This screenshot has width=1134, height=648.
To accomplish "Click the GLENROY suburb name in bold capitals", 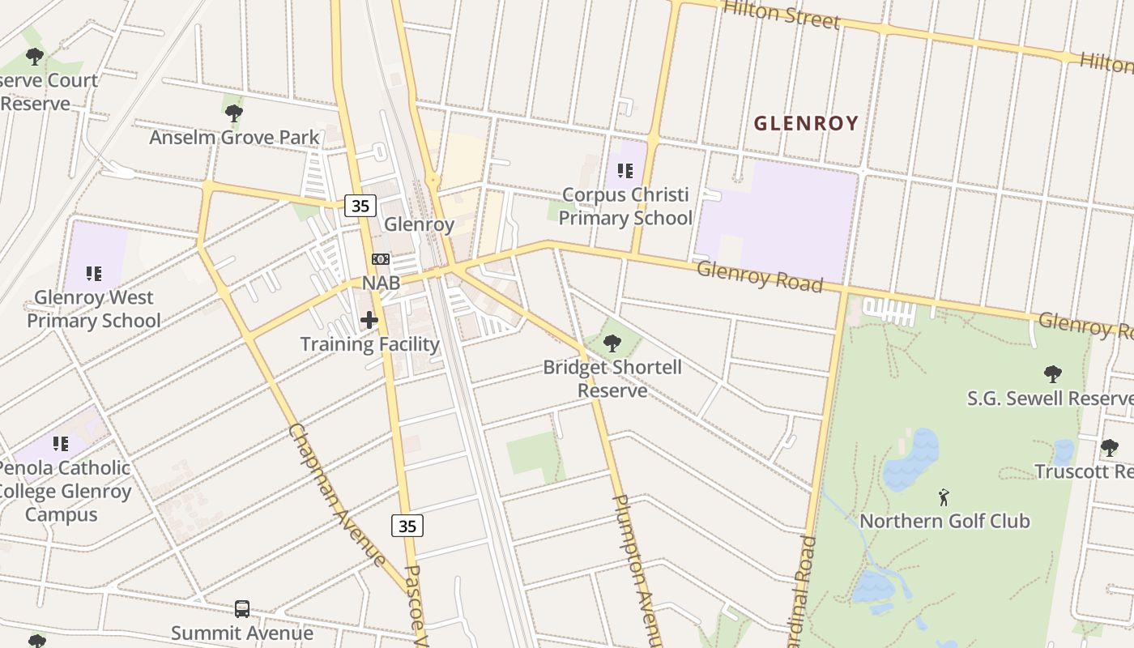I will (805, 123).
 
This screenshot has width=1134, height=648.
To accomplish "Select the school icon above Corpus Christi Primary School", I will (625, 171).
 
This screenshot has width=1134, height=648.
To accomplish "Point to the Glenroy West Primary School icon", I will (94, 274).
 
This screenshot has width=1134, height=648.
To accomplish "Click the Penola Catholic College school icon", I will (61, 444).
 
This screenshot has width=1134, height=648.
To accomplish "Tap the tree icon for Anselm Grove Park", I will (234, 113).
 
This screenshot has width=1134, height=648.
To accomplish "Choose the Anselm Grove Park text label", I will (235, 138).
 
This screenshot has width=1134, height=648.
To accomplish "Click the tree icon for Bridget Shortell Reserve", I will (612, 343).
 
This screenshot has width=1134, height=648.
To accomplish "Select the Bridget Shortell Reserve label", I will (612, 378).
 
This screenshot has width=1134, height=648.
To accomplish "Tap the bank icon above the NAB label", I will (380, 259).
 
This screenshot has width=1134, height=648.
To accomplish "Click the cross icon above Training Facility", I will (369, 320).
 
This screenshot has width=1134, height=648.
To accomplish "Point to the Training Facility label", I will (369, 344).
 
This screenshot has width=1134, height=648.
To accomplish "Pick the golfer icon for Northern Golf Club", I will (944, 497).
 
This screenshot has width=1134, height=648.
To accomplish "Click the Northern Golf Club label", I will (944, 521).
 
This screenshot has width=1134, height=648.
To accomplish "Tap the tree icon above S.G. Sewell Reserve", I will (1052, 374).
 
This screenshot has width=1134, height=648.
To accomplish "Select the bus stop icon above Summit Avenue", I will (241, 608).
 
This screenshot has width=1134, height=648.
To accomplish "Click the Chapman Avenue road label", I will (337, 495).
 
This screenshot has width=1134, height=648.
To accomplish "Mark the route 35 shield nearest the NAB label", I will (360, 206).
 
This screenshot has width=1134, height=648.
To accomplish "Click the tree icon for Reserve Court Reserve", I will (34, 57).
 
